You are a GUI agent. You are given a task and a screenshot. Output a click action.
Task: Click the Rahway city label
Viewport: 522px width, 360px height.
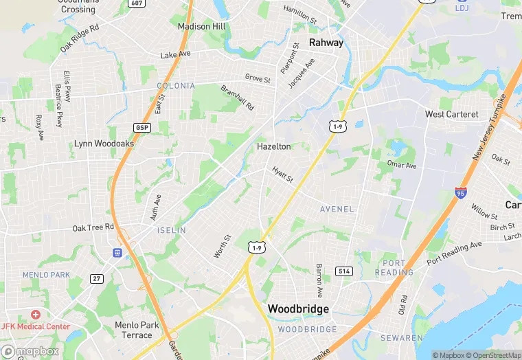point(326,43)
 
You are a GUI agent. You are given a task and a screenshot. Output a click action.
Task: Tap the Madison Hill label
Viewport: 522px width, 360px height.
point(201,26)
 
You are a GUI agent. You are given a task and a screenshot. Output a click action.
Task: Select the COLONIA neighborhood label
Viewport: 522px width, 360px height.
point(175,86)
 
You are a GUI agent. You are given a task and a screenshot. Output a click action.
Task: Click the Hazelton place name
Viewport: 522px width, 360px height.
point(273,146)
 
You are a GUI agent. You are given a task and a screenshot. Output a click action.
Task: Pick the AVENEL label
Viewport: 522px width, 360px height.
point(337,209)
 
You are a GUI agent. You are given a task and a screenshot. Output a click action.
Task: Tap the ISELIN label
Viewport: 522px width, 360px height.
point(171,231)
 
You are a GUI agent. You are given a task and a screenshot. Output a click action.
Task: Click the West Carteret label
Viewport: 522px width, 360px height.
point(451,114)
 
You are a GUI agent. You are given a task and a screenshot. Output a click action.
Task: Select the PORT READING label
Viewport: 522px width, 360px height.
point(394,268)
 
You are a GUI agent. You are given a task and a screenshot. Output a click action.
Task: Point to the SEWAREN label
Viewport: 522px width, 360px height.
point(402,338)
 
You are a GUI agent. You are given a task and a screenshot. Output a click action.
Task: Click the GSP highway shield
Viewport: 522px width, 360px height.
point(142,128)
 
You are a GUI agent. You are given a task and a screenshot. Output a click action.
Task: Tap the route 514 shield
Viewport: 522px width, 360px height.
point(345,271)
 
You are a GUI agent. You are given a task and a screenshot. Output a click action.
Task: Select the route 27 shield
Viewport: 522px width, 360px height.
point(97,278)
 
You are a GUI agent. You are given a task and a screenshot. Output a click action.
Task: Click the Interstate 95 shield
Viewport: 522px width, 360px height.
point(462,194)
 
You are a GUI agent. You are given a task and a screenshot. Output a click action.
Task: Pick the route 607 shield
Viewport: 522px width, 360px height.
point(136,3)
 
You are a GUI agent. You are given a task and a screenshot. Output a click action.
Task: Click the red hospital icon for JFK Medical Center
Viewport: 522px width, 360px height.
point(36,314)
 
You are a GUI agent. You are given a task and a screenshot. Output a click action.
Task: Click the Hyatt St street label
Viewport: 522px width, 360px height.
point(282,175)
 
